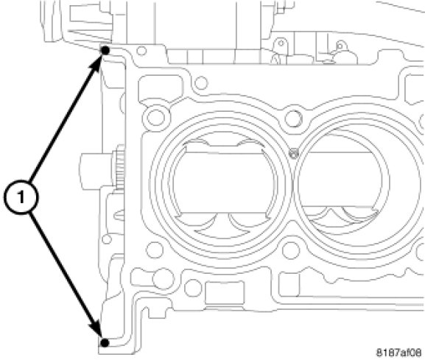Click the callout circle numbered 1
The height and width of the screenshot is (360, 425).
point(21,197)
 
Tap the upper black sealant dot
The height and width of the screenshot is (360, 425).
point(105,50)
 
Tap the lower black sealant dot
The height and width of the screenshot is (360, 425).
point(105,343)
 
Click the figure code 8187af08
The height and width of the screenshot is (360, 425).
point(398,353)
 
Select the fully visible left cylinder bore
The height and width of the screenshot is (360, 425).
point(220,184)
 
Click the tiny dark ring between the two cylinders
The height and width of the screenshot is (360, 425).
point(294,154)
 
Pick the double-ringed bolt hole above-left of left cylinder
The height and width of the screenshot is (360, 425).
point(155,117)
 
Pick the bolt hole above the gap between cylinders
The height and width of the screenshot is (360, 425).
point(293,119)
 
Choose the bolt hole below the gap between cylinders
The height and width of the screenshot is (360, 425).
point(291,250)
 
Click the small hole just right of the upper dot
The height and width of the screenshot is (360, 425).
point(141,51)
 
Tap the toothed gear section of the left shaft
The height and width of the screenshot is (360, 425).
point(119,167)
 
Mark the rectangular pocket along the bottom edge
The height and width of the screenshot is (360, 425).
point(224,293)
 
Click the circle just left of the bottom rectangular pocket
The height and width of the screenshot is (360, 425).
point(193,288)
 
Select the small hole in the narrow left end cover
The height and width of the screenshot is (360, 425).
point(107,239)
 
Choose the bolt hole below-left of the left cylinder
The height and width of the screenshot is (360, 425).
point(155,250)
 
